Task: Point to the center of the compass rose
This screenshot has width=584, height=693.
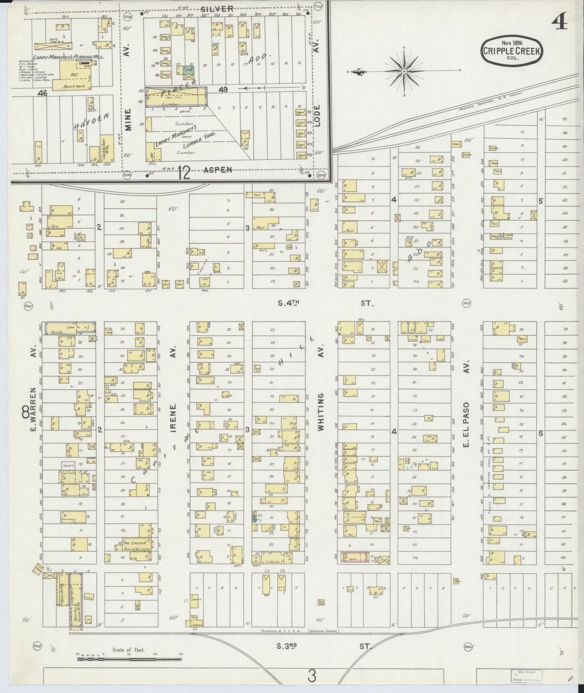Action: pos(404,72)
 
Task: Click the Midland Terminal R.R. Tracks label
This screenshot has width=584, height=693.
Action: pos(491,100)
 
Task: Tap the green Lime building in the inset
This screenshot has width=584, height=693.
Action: pos(188,70)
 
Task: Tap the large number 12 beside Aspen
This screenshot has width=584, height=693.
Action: pos(184,173)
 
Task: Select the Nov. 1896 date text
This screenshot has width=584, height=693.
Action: pos(511,42)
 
